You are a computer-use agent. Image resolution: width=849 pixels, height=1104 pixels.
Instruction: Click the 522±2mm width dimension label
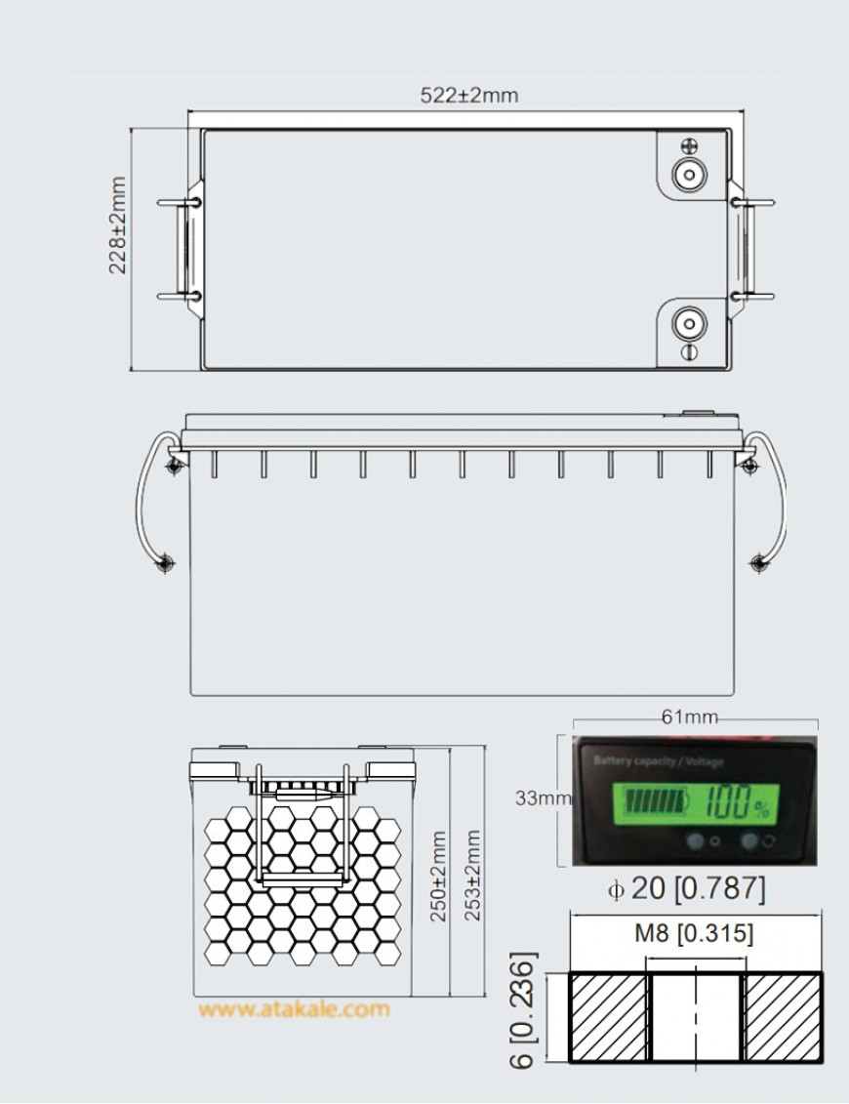tap(468, 96)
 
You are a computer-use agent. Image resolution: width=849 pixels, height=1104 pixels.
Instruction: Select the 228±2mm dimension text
tap(118, 225)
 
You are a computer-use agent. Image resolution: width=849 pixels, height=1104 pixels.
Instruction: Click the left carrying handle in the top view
tap(180, 249)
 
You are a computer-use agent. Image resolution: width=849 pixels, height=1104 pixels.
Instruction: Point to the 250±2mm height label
tap(438, 877)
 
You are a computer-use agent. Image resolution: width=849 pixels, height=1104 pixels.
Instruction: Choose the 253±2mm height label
tap(473, 877)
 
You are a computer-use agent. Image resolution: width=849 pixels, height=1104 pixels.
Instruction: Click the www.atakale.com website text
tap(294, 1009)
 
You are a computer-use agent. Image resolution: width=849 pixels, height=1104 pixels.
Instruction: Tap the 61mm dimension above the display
tap(689, 717)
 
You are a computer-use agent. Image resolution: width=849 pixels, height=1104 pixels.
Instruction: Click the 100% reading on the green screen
tap(739, 803)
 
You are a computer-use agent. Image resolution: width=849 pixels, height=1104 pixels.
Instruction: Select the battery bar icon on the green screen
tap(656, 803)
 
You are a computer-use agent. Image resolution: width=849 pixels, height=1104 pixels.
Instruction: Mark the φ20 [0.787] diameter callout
tap(687, 889)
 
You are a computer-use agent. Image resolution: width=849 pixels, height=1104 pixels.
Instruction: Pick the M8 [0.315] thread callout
tap(694, 934)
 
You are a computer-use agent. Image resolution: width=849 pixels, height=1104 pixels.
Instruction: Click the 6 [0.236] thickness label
tap(524, 1010)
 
